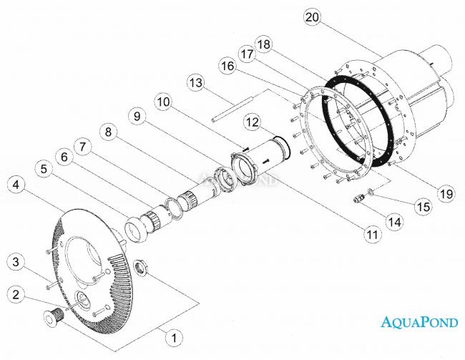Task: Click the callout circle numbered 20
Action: coord(313,17)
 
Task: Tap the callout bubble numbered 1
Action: coord(175,337)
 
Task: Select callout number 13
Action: coord(196,83)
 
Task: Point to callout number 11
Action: coord(373,235)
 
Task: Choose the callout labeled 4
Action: coord(16,185)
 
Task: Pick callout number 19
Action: coord(446,194)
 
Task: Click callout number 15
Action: coord(424,206)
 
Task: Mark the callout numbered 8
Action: coord(108,131)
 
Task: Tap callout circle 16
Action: coord(227,66)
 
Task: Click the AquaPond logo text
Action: coord(419,321)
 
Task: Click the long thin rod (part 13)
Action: coord(232,109)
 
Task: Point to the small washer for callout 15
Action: coord(371,191)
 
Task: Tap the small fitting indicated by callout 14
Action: coord(358,198)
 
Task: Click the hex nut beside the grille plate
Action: coord(141,266)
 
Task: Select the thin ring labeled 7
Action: coord(172,209)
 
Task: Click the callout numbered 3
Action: coord(16,262)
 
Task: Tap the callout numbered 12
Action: coord(253,122)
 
